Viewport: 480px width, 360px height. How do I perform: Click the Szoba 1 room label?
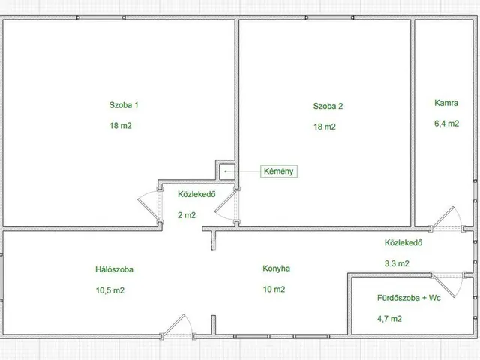(x=124, y=105)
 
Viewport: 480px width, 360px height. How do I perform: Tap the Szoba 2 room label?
(x=328, y=106)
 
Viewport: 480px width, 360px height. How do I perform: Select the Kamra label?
(x=446, y=103)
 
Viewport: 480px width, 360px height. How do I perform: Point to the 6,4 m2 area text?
(x=447, y=124)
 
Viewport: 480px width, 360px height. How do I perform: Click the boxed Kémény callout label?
(x=278, y=172)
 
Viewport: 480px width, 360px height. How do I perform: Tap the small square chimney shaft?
(x=227, y=172)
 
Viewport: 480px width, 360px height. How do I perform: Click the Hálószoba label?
(x=114, y=269)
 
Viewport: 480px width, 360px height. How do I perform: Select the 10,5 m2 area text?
(x=110, y=290)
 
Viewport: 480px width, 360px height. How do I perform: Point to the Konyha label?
(x=277, y=268)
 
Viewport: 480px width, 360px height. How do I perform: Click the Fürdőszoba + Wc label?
(x=409, y=298)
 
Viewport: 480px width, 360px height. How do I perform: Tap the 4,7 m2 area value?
(x=389, y=319)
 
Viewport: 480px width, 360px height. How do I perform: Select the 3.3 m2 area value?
(x=397, y=263)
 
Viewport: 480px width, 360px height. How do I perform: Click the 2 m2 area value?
(x=187, y=215)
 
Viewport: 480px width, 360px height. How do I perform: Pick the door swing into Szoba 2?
(x=225, y=205)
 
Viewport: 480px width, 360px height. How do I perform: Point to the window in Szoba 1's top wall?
(x=100, y=17)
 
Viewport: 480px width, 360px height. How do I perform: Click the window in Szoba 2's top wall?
(x=329, y=17)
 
